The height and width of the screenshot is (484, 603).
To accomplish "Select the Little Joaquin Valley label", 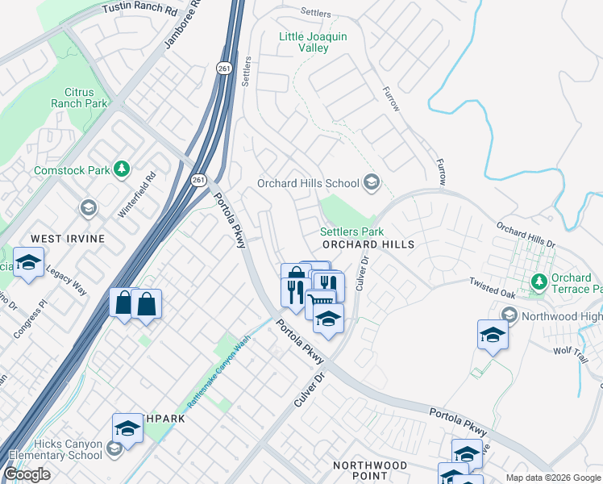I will [x=313, y=42].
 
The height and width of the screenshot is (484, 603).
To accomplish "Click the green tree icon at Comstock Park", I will [x=121, y=169].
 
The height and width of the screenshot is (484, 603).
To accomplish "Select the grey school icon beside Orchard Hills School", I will [x=372, y=182].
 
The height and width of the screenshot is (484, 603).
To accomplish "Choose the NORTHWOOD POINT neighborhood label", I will [x=370, y=471].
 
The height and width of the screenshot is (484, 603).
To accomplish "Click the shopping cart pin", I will [x=319, y=302].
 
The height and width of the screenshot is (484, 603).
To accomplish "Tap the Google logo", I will [x=27, y=474].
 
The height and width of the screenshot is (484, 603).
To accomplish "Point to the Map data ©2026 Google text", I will [x=552, y=477].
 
